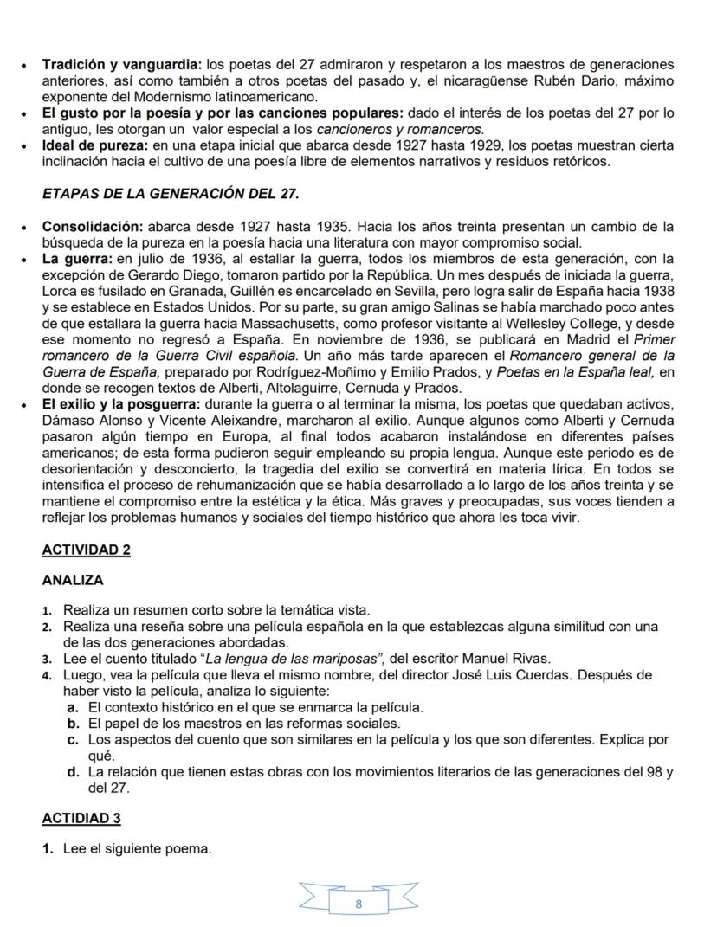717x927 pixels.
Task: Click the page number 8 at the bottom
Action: click(358, 903)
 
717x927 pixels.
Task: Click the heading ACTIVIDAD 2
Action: click(86, 550)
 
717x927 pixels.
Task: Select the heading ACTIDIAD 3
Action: click(81, 818)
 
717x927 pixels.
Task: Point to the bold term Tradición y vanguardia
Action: click(121, 64)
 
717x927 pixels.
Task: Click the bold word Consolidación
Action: click(92, 227)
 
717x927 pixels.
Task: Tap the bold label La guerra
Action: click(76, 258)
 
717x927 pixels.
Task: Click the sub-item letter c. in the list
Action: click(74, 738)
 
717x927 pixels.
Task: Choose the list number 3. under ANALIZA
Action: click(49, 659)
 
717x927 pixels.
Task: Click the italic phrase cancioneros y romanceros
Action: click(410, 129)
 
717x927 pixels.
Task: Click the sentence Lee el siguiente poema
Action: click(137, 849)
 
